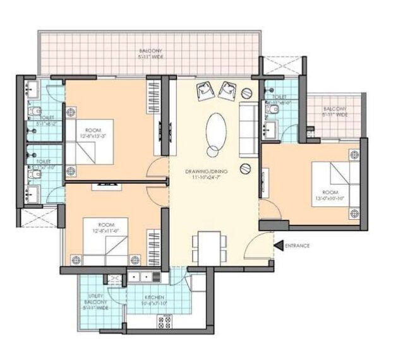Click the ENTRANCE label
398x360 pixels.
click(297, 246)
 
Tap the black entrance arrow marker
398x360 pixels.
click(279, 246)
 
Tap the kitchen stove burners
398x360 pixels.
click(166, 322)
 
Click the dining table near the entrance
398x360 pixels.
click(208, 245)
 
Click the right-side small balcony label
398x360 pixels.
click(334, 112)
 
